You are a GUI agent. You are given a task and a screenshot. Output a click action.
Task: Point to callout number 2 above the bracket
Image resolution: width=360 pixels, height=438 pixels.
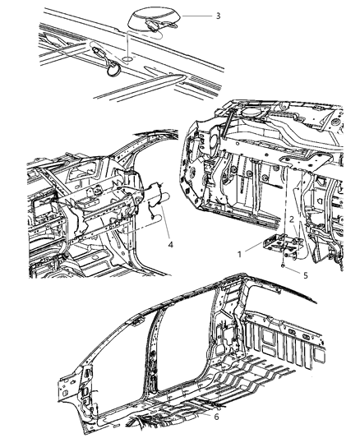[x=291, y=219]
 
